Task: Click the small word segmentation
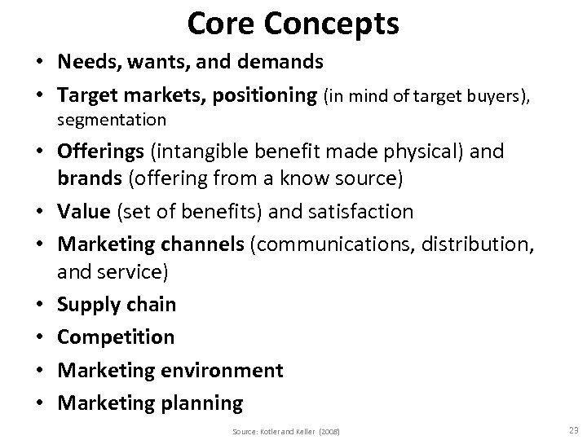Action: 112,120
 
